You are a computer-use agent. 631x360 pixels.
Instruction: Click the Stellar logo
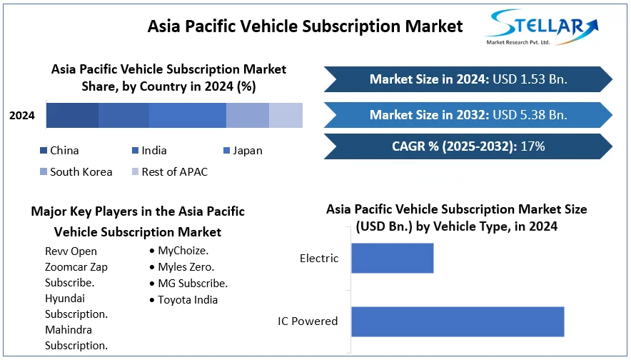pyautogui.click(x=542, y=26)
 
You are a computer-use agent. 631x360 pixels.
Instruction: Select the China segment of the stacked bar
pyautogui.click(x=72, y=115)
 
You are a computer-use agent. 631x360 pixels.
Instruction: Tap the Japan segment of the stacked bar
pyautogui.click(x=188, y=115)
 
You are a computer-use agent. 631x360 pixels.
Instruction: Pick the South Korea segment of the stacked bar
pyautogui.click(x=248, y=115)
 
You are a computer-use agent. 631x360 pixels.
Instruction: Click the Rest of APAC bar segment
pyautogui.click(x=286, y=115)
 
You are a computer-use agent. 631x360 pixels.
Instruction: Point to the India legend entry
pyautogui.click(x=149, y=151)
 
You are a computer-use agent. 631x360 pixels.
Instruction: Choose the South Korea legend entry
pyautogui.click(x=76, y=172)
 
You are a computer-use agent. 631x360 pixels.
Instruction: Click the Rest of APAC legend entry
pyautogui.click(x=170, y=172)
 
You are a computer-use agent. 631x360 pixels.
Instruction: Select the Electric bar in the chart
pyautogui.click(x=393, y=258)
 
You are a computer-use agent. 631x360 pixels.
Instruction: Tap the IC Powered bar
pyautogui.click(x=458, y=321)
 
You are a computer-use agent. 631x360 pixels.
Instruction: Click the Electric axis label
pyautogui.click(x=319, y=258)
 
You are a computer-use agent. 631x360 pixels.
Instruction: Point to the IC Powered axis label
pyautogui.click(x=308, y=321)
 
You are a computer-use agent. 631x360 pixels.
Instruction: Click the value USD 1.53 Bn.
pyautogui.click(x=530, y=79)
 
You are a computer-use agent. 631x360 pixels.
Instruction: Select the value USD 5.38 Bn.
pyautogui.click(x=530, y=115)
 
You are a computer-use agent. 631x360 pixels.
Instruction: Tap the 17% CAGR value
pyautogui.click(x=532, y=146)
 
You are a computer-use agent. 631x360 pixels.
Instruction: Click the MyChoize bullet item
pyautogui.click(x=179, y=251)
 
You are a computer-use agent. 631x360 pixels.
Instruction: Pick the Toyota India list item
pyautogui.click(x=183, y=300)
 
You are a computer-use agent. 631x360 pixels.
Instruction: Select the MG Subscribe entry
pyautogui.click(x=188, y=284)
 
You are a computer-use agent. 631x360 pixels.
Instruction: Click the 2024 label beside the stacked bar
pyautogui.click(x=22, y=116)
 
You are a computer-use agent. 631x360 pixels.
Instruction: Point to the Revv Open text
pyautogui.click(x=71, y=251)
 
